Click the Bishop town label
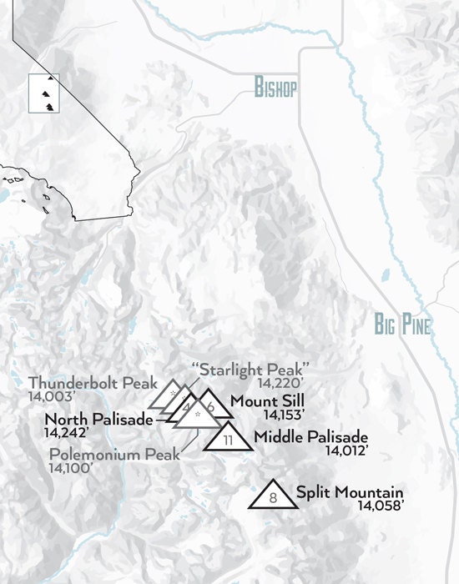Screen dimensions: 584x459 [275, 89]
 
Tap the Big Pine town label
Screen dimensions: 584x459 [402, 325]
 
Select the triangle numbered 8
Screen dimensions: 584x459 [273, 496]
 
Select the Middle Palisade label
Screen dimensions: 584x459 [311, 436]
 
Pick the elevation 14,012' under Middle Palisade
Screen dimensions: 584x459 [346, 451]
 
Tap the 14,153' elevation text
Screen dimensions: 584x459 [284, 414]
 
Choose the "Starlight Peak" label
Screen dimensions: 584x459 [250, 369]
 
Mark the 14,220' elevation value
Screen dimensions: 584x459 [277, 383]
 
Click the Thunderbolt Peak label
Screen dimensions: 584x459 [92, 383]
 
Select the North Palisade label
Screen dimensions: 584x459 [99, 419]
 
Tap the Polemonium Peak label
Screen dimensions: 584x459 [113, 455]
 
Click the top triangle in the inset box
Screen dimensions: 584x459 [50, 78]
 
